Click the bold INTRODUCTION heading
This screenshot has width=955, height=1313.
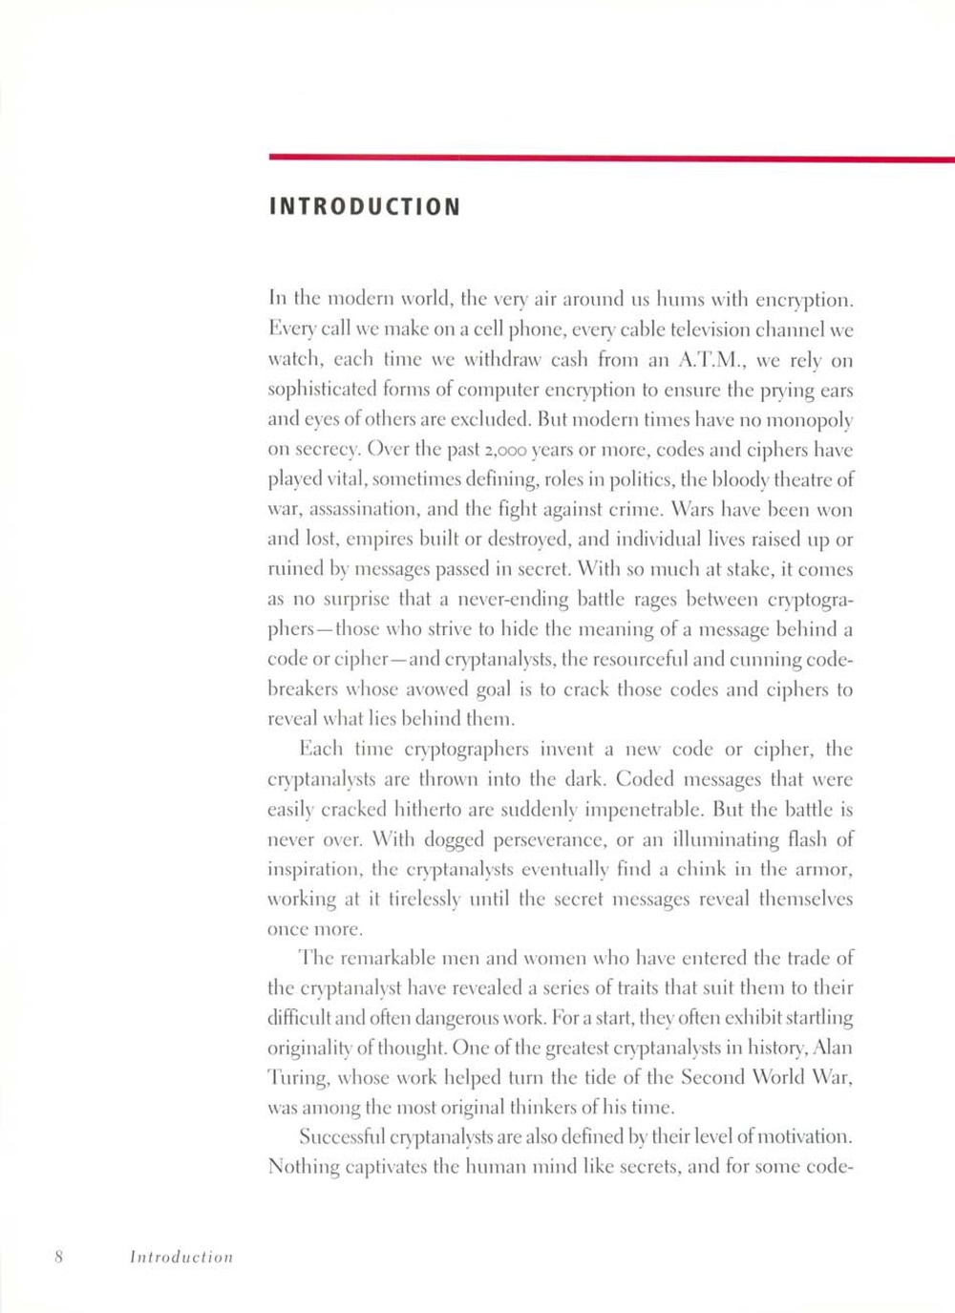pyautogui.click(x=364, y=206)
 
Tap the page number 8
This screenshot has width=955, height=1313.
pyautogui.click(x=58, y=1257)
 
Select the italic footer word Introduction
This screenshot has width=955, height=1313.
pyautogui.click(x=181, y=1257)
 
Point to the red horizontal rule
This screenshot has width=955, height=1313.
pyautogui.click(x=611, y=158)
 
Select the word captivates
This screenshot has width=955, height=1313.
pyautogui.click(x=379, y=1167)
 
